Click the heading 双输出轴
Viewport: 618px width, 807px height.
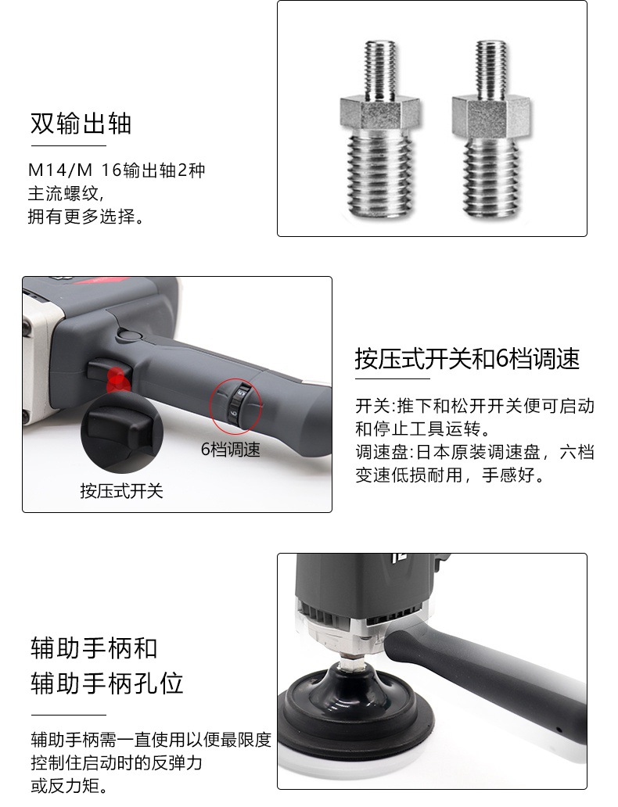(x=81, y=124)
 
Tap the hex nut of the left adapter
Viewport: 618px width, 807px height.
(x=379, y=112)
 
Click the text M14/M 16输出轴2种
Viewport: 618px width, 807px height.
(x=117, y=170)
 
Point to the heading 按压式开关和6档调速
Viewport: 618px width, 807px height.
(x=467, y=359)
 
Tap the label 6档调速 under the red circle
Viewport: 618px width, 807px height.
(x=230, y=450)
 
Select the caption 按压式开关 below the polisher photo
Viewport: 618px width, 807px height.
(x=121, y=490)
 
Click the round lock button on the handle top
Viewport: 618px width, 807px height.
(x=129, y=335)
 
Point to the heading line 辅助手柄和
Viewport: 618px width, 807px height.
(x=94, y=648)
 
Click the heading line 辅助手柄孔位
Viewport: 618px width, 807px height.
(x=106, y=683)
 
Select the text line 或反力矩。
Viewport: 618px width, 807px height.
(x=70, y=786)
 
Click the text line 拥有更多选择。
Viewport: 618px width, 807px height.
(x=85, y=217)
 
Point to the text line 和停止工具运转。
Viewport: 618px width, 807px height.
(x=422, y=429)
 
